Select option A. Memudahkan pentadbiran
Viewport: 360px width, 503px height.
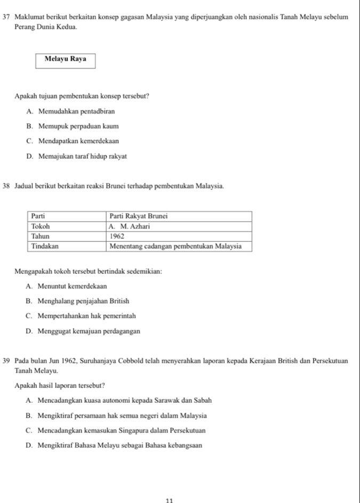[69, 111]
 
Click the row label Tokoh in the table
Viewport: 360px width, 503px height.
[41, 226]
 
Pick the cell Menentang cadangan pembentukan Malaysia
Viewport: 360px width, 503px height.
[175, 246]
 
